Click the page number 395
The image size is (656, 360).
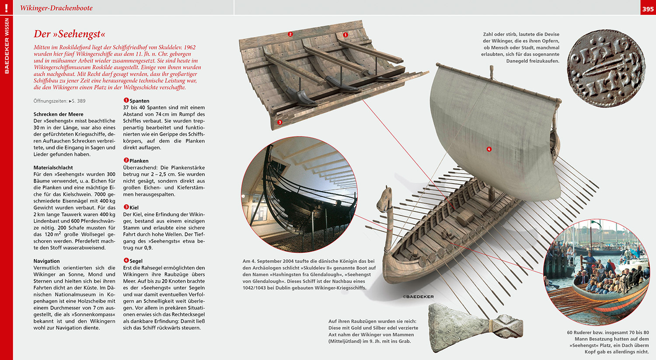click(648, 9)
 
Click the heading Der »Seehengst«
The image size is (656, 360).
click(70, 34)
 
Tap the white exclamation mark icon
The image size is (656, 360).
click(6, 8)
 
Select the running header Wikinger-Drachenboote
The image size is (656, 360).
click(56, 8)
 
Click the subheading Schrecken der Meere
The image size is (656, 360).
click(58, 114)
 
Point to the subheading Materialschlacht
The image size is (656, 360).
click(53, 168)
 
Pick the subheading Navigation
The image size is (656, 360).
click(46, 261)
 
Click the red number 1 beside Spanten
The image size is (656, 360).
click(126, 101)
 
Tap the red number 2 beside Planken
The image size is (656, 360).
click(126, 161)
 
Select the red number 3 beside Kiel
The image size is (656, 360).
click(126, 207)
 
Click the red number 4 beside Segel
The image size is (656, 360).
click(126, 261)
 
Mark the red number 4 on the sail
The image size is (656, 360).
click(489, 149)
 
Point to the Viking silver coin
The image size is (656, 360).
click(607, 69)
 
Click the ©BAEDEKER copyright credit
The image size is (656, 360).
click(419, 297)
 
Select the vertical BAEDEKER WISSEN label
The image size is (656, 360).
click(7, 45)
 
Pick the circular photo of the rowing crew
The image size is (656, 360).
click(596, 272)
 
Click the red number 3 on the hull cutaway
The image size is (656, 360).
click(280, 122)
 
